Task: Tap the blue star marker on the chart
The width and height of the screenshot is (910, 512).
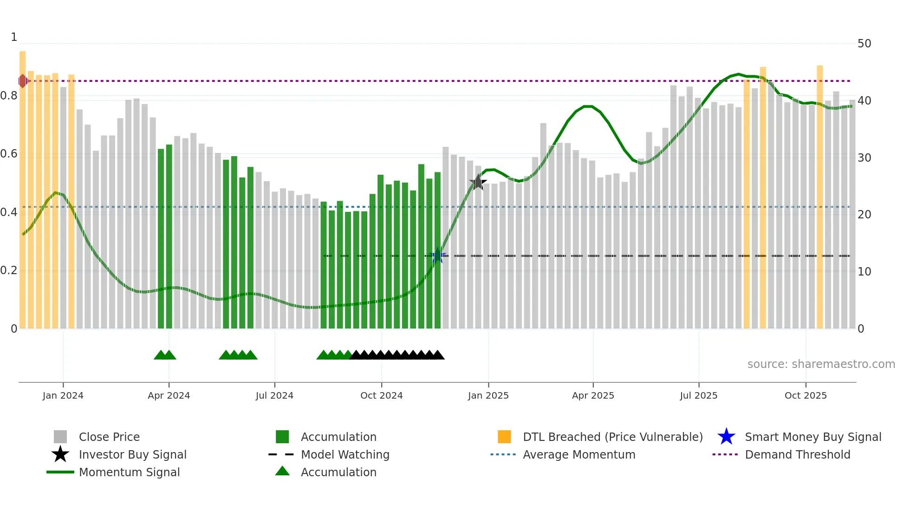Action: [x=438, y=256]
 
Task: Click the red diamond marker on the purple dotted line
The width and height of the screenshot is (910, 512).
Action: [x=23, y=81]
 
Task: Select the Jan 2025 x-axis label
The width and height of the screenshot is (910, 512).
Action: [x=488, y=395]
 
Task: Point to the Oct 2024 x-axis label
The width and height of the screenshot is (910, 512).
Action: [x=381, y=395]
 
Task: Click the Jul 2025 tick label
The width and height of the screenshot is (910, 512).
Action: [x=698, y=395]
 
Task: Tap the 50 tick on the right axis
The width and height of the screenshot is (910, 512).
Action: [x=864, y=44]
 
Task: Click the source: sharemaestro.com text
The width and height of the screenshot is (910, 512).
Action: [x=821, y=364]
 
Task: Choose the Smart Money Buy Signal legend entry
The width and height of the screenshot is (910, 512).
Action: [x=812, y=437]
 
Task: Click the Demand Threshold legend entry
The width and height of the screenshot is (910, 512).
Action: [x=797, y=454]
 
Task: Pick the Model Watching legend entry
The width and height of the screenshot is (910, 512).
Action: [x=344, y=454]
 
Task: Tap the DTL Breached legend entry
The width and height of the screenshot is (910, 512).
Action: [x=612, y=437]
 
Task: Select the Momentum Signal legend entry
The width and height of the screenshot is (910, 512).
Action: [x=129, y=472]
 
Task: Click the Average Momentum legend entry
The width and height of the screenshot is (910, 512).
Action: [x=578, y=454]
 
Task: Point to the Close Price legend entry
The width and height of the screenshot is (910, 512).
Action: [x=109, y=437]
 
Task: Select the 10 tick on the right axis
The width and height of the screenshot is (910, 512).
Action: [x=864, y=272]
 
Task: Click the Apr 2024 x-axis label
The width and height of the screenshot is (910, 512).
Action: [x=169, y=395]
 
